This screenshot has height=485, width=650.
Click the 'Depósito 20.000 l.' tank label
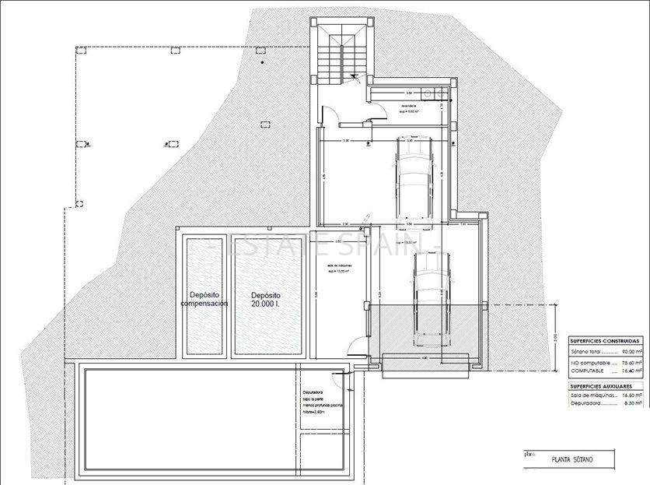(266, 300)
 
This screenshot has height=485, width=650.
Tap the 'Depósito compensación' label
(204, 300)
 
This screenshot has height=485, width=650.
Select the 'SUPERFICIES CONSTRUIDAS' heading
(605, 341)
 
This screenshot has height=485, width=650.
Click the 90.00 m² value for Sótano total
(631, 352)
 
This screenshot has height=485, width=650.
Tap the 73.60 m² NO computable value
(631, 362)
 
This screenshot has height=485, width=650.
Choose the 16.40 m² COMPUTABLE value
(631, 371)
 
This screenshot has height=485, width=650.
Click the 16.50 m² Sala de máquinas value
(631, 395)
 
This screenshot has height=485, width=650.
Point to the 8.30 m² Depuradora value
(632, 404)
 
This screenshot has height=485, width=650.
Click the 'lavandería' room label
(409, 106)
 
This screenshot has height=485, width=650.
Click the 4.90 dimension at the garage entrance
(425, 358)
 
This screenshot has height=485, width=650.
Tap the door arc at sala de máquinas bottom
(352, 348)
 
